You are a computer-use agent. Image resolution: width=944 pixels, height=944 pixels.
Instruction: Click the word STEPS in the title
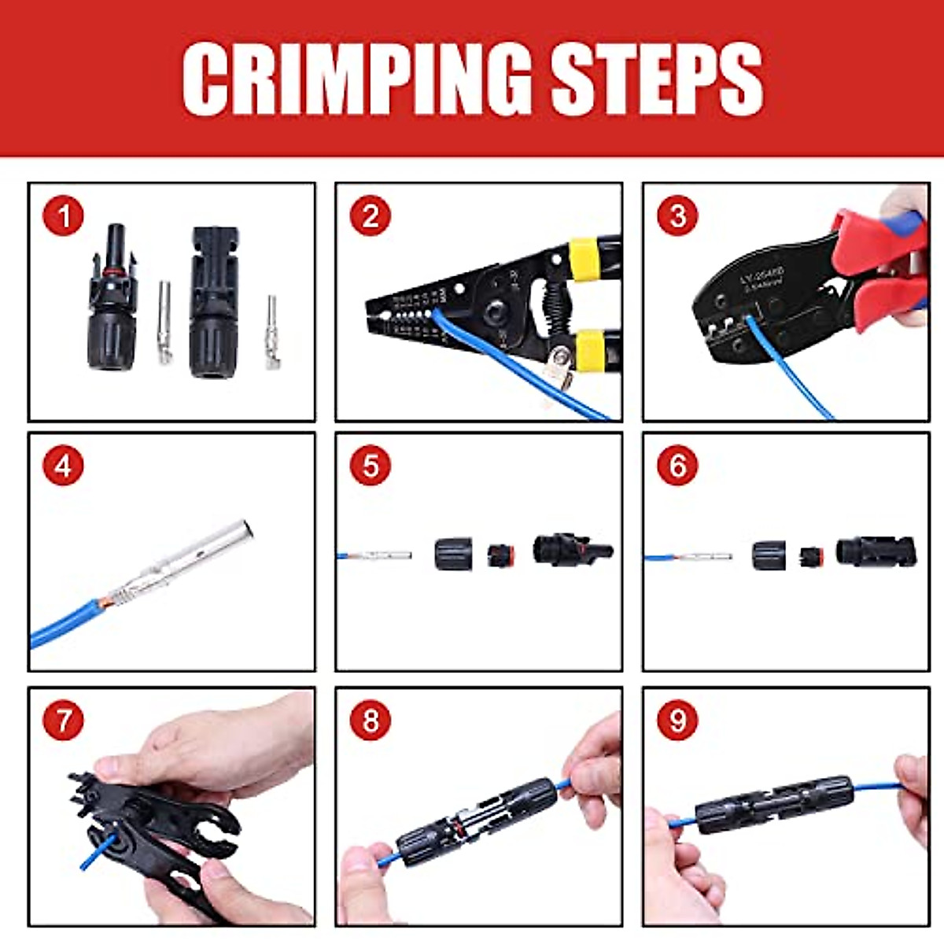656,79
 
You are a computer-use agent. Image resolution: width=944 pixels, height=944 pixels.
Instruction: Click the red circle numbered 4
64,466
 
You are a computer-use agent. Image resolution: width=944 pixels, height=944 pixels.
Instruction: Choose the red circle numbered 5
371,466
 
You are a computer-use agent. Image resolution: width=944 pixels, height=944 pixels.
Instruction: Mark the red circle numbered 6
677,466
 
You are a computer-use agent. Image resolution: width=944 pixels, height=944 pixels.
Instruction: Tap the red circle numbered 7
64,721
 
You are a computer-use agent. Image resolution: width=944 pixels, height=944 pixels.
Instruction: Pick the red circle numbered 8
371,721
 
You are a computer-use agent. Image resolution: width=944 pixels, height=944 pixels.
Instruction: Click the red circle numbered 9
677,721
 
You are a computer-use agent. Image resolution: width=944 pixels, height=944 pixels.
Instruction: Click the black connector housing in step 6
876,552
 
